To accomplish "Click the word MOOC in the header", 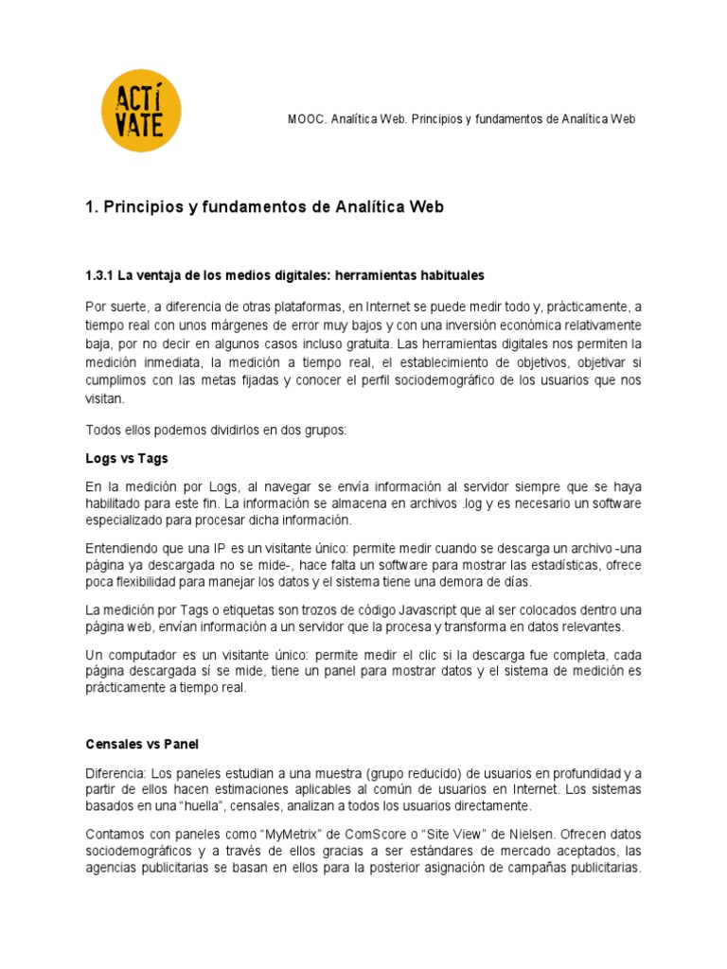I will tap(305, 119).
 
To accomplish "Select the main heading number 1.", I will tap(92, 207).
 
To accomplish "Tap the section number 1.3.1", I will tap(99, 275).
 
